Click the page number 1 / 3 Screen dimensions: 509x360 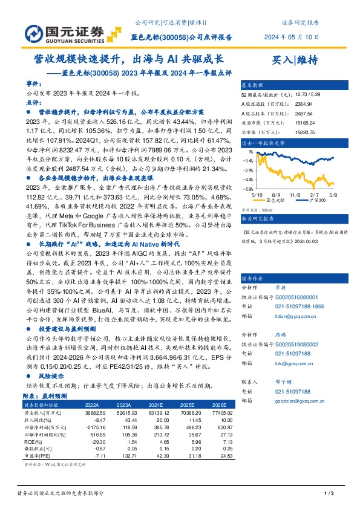[x=330, y=495]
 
